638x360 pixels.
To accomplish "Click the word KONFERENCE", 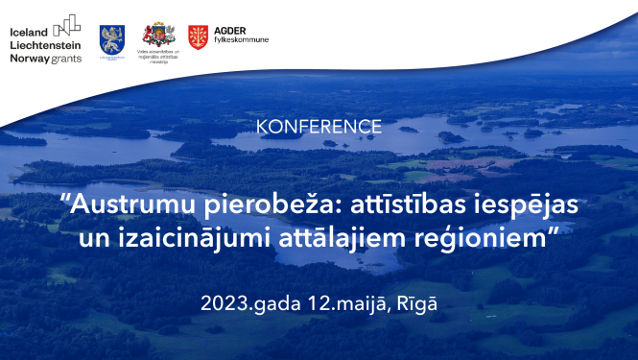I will point(319,127).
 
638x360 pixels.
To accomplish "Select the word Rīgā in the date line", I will point(418,303).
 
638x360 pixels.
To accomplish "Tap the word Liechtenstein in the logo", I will point(44,44).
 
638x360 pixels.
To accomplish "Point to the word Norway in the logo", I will point(29,58).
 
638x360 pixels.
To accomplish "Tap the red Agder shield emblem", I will point(198,36).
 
